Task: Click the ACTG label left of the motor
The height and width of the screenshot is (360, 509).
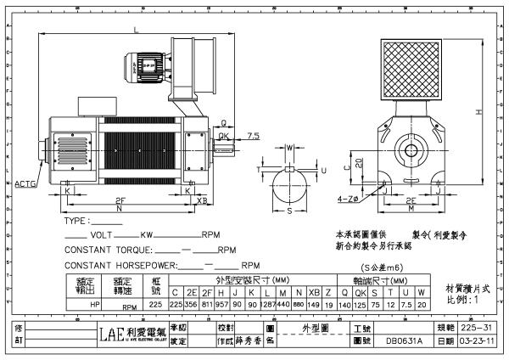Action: point(26,182)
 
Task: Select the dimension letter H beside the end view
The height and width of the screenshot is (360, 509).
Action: point(480,111)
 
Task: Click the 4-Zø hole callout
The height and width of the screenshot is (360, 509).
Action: point(347,199)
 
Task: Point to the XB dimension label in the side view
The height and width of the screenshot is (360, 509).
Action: point(202,202)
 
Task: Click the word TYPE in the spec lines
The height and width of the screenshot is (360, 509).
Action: point(76,222)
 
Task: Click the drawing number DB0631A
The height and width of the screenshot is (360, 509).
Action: point(402,341)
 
